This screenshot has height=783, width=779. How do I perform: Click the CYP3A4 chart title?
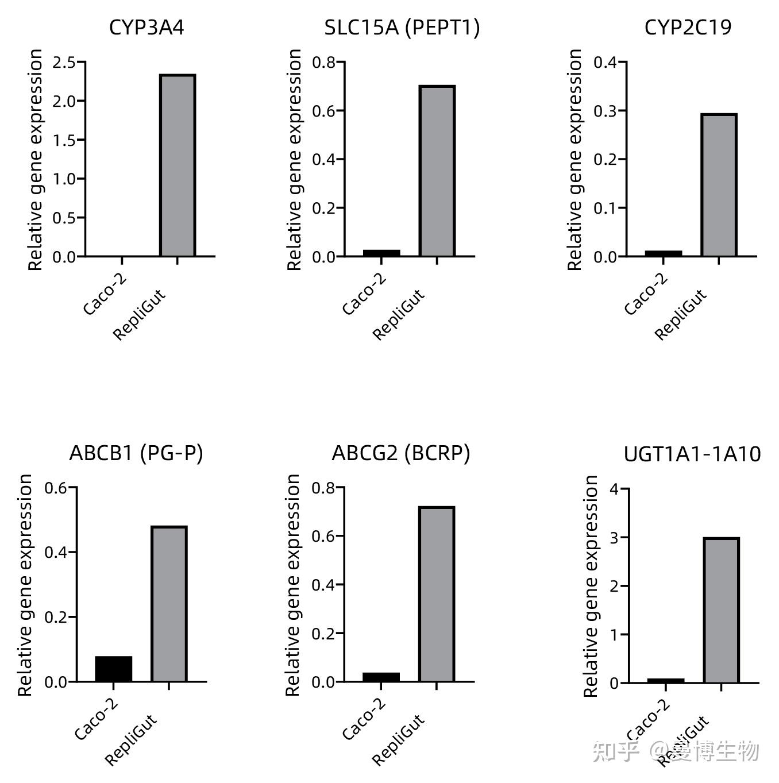[146, 27]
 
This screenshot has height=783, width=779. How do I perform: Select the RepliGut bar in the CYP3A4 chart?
[178, 165]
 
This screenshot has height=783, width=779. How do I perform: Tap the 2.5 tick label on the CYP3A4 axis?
[64, 62]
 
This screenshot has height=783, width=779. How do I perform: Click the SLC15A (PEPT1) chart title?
[402, 27]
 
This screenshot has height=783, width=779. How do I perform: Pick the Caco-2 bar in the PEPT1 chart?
[381, 253]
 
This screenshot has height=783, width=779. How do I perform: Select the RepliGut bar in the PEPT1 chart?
[437, 171]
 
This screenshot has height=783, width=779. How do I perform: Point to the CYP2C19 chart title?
[688, 27]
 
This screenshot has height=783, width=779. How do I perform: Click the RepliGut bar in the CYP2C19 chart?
[719, 184]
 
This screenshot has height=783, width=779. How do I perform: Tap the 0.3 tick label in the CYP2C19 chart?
[606, 111]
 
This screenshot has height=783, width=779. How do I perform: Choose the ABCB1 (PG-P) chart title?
[136, 453]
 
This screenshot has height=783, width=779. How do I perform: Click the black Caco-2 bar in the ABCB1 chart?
[114, 669]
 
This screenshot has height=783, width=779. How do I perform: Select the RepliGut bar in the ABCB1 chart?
[169, 604]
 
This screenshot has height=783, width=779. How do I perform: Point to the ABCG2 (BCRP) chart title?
[400, 453]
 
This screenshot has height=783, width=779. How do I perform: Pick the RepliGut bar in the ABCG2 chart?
[437, 594]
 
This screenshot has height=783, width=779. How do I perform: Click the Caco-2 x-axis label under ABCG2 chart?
[364, 719]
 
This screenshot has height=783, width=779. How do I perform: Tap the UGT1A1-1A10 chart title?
[692, 454]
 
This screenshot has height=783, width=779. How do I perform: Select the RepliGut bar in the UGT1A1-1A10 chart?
[721, 610]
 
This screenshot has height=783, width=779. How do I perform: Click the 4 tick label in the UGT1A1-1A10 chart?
[615, 489]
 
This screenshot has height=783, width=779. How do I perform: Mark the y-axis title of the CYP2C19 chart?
[575, 159]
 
